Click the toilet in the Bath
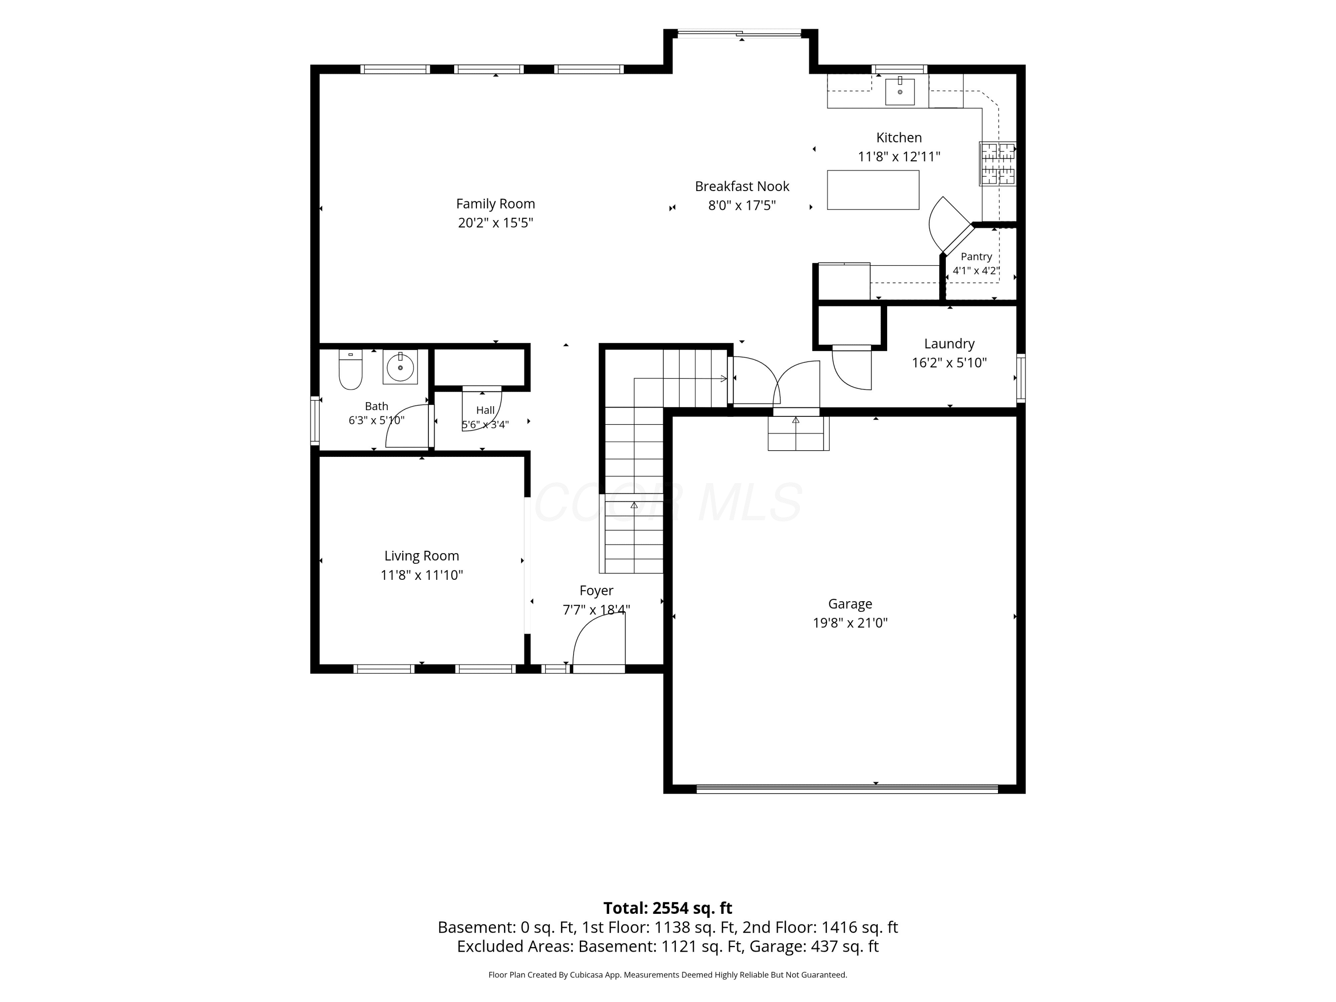click(x=350, y=370)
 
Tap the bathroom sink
click(x=400, y=367)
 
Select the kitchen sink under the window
click(x=900, y=90)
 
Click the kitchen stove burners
click(x=998, y=163)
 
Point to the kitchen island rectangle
click(x=873, y=190)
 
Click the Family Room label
click(x=495, y=204)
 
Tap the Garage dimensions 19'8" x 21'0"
click(x=850, y=623)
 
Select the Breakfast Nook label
click(x=741, y=186)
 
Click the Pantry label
click(x=976, y=256)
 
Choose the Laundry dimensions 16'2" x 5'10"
click(x=949, y=363)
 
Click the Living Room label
click(x=422, y=556)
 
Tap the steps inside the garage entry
click(x=798, y=433)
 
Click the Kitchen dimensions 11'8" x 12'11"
click(x=899, y=156)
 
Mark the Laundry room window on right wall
click(x=1021, y=378)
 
